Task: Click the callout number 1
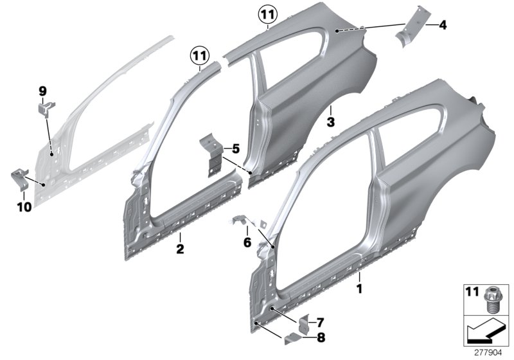pos(359,289)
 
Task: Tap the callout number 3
pos(330,121)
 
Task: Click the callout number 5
pos(235,148)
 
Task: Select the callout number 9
pos(42,92)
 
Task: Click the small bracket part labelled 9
pos(43,111)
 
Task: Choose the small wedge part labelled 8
pos(293,336)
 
